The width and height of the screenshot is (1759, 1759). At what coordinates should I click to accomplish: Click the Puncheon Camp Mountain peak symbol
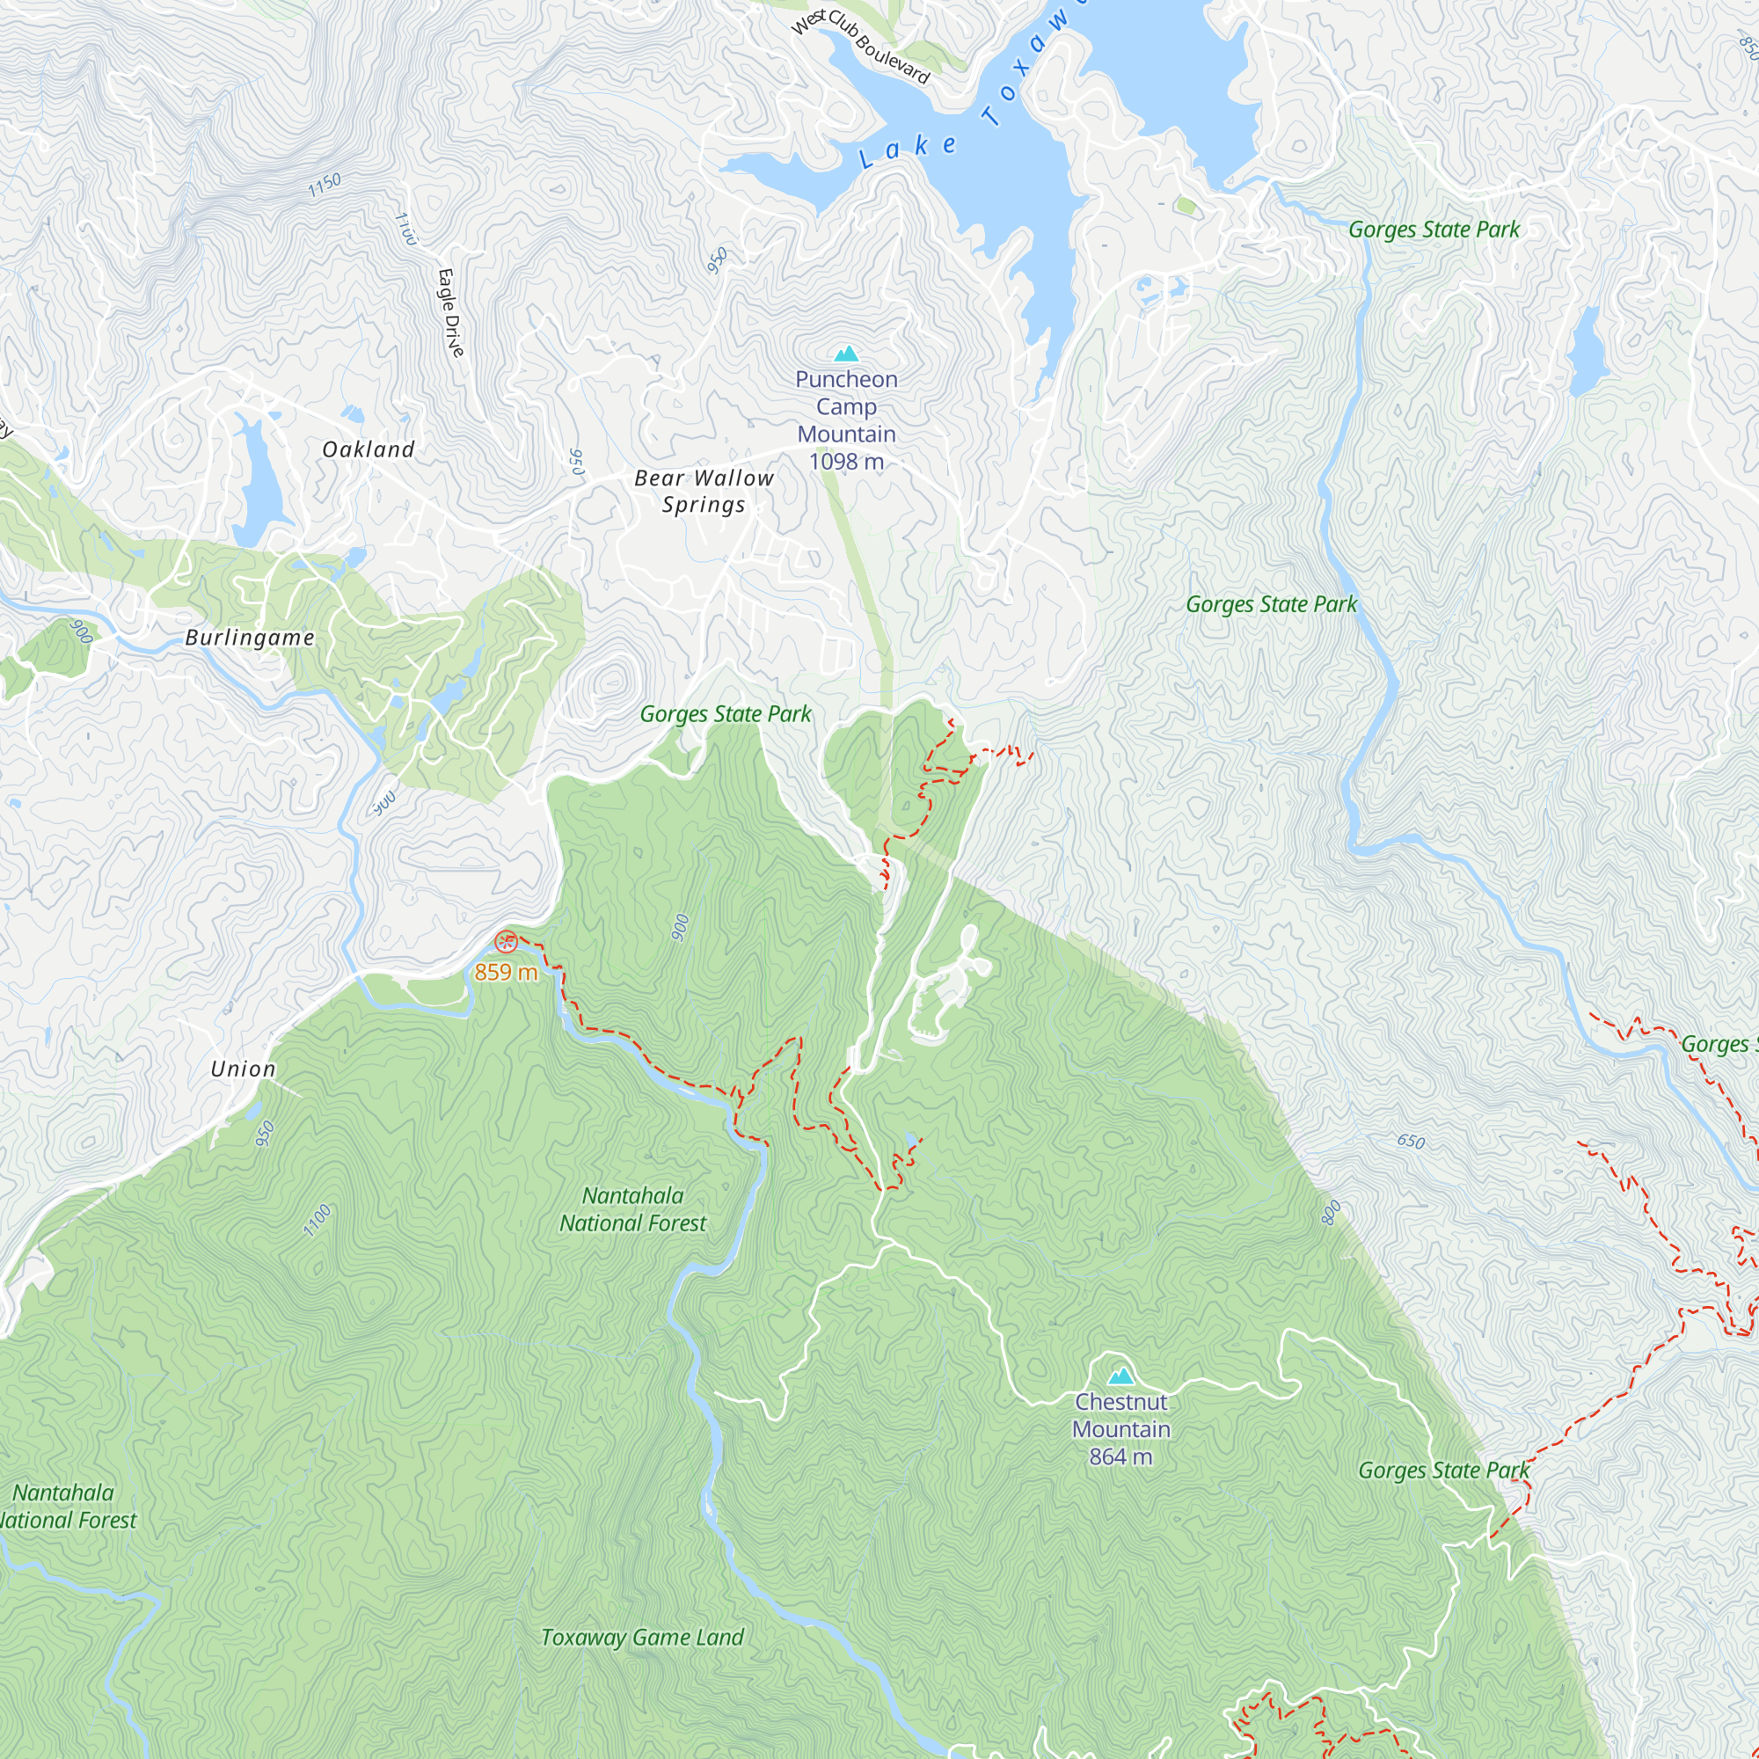coord(847,354)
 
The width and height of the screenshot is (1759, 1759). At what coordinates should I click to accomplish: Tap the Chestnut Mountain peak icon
coord(1120,1376)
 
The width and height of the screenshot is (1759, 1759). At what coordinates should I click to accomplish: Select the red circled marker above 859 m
coord(507,942)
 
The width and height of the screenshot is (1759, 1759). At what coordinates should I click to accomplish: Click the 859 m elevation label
coord(506,973)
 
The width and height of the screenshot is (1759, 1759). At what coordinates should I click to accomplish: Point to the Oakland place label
coord(369,449)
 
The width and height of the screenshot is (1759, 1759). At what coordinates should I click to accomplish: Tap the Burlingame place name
coord(250,638)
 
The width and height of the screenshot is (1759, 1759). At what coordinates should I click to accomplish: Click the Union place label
coord(243,1069)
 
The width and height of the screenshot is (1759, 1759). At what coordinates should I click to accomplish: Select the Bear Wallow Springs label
coord(704,491)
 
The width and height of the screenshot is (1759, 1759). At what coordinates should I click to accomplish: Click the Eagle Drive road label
coord(450,312)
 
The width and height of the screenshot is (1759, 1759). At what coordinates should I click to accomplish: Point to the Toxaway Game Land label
coord(642,1638)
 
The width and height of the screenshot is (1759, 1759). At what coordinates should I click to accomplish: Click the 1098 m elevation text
coord(846,462)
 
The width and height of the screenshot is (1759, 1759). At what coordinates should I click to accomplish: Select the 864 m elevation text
coord(1120,1456)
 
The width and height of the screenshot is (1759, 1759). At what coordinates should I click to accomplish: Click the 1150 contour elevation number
coord(325,185)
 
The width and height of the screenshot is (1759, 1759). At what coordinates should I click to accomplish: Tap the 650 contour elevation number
coord(1411,1142)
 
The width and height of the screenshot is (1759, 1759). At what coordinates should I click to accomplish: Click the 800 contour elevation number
coord(1330,1213)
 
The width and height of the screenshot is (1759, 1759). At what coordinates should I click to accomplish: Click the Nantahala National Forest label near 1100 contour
coord(632,1209)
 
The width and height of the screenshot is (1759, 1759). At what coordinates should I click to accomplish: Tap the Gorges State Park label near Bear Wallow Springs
coord(725,714)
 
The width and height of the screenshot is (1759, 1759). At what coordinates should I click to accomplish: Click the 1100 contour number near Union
coord(317,1221)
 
